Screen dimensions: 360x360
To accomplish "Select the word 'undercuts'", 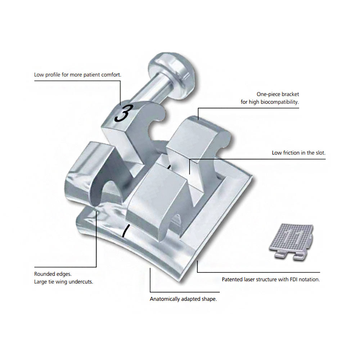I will [82, 282].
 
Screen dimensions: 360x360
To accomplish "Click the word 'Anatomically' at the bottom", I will [164, 299].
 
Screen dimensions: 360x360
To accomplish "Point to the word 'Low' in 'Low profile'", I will [39, 75].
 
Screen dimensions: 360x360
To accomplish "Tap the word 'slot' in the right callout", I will [320, 153].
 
